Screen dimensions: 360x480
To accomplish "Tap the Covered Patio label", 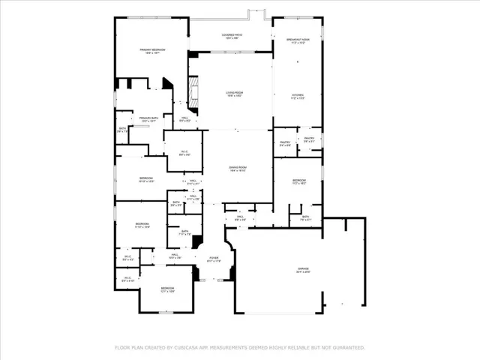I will coord(231,34).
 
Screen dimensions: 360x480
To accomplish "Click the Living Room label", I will coord(235,92).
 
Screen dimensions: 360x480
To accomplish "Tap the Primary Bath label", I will coord(148,117).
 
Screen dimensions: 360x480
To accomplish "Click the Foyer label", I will coord(213,257).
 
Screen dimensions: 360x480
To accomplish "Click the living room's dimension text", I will coord(235,96).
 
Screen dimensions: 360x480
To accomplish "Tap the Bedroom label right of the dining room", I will coord(298,180).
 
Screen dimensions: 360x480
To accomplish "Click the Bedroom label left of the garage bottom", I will coord(167,288).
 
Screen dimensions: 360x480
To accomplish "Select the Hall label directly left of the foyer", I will coord(173,255).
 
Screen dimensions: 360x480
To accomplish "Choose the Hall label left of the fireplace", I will coord(184,117).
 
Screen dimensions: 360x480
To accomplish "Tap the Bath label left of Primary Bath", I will coord(122,128).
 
